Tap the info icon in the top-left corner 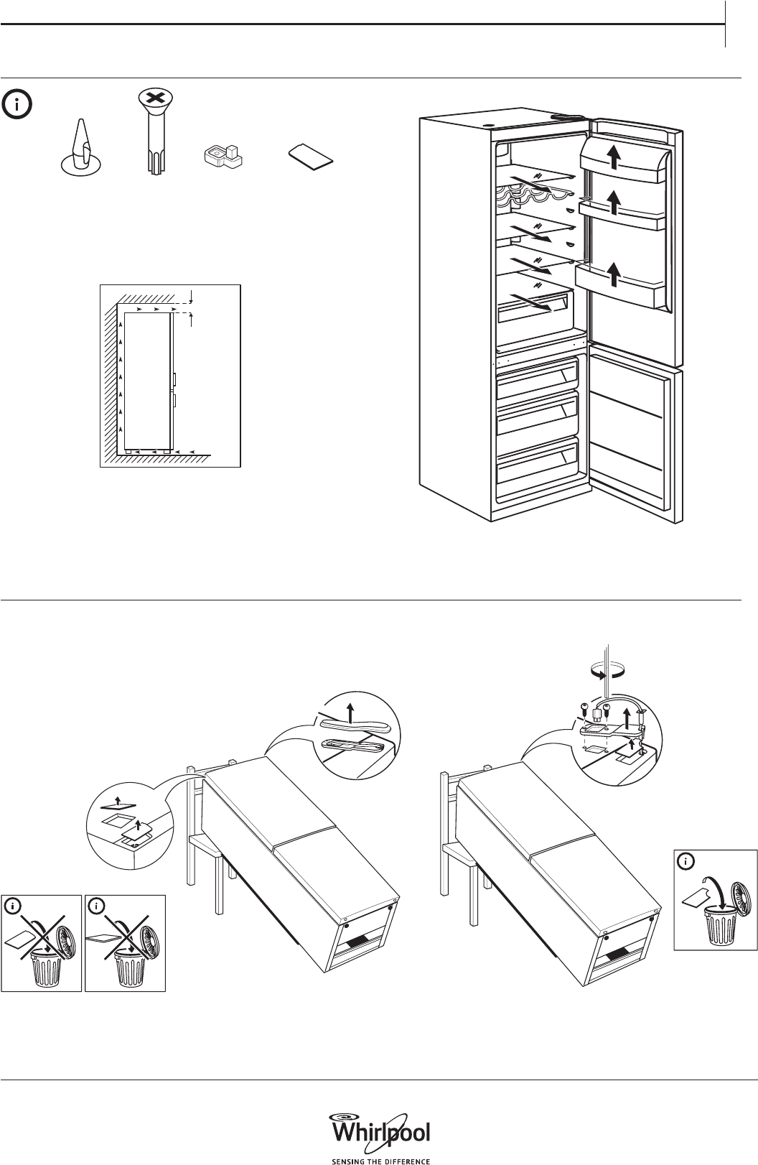click(17, 105)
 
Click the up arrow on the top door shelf click(614, 157)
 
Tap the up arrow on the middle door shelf click(614, 203)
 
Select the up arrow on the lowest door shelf click(614, 274)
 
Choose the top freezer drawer click(537, 378)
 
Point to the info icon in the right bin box click(686, 862)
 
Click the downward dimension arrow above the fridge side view click(192, 297)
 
